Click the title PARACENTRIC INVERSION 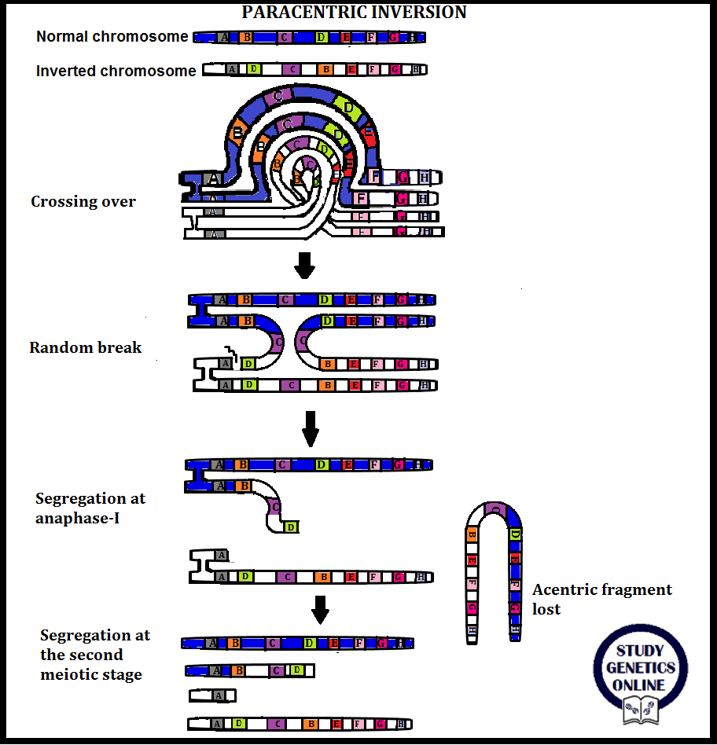coord(354,12)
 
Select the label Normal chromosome coord(112,37)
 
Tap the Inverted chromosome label coord(116,71)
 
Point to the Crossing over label coord(83,201)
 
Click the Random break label coord(86,347)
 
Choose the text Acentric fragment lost coord(601,599)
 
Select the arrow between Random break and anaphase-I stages coord(311,427)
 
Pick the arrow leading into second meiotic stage coord(319,609)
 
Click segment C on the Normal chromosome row coord(285,37)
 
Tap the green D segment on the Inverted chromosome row coord(253,70)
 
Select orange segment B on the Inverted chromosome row coord(325,70)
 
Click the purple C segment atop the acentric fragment coord(495,509)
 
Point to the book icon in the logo coord(640,710)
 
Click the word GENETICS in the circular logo coord(640,668)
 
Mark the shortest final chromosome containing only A coord(213,695)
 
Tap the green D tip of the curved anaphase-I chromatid coord(291,527)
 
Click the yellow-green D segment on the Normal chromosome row coord(321,37)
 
